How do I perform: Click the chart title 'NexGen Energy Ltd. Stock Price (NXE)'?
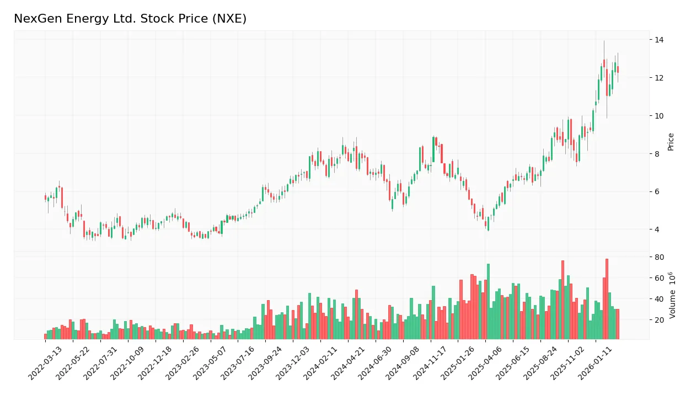(x=130, y=19)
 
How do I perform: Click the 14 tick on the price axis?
(x=658, y=40)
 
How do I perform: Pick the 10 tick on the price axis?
(x=658, y=116)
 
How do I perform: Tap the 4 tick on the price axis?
(x=657, y=229)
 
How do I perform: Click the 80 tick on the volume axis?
(x=658, y=257)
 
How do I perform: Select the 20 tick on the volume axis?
(x=658, y=320)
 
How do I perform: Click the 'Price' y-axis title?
(x=671, y=142)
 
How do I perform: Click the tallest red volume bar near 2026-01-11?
(x=607, y=299)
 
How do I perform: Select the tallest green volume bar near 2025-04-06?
(x=488, y=301)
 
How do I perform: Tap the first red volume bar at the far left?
(x=46, y=337)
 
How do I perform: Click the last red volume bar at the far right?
(x=618, y=324)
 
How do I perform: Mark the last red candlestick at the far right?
(x=618, y=70)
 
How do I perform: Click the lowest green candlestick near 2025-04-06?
(x=488, y=223)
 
